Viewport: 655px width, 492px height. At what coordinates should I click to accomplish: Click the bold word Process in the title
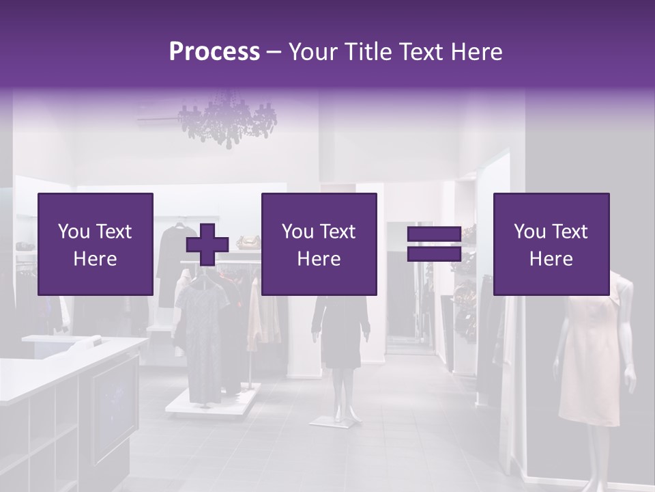[x=214, y=52]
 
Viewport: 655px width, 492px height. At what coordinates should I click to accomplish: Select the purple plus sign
[x=207, y=245]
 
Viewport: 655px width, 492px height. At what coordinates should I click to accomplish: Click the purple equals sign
[x=434, y=244]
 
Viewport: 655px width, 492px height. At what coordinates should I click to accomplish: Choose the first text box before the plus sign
[x=96, y=244]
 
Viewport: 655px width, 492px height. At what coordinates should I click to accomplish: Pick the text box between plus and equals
[x=319, y=244]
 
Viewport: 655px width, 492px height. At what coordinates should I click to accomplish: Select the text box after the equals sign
[x=551, y=244]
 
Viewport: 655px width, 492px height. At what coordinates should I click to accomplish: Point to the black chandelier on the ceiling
[x=227, y=123]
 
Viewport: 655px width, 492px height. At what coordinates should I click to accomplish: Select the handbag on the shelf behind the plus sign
[x=248, y=242]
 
